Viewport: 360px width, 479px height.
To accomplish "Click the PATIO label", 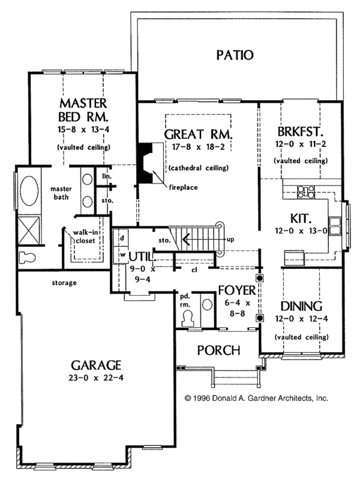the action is [235, 55].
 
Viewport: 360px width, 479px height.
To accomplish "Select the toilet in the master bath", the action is [27, 258].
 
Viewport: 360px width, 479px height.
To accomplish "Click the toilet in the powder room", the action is [187, 319].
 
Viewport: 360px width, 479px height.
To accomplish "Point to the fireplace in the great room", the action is [145, 163].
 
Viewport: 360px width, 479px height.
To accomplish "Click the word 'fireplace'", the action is [183, 187].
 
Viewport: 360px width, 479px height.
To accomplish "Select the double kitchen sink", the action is [334, 226].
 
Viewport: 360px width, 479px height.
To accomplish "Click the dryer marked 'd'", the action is [122, 238].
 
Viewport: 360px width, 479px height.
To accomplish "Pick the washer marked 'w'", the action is [122, 255].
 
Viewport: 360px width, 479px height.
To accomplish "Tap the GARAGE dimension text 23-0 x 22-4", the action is [96, 378].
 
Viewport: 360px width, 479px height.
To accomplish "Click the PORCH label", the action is [218, 350].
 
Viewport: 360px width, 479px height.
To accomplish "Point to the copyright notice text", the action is [256, 398].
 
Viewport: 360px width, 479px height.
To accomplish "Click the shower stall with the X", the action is [29, 230].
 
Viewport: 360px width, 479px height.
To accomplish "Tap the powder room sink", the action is [208, 304].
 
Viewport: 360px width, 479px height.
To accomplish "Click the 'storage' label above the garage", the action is [64, 283].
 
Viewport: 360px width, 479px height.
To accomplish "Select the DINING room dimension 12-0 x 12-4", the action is [301, 319].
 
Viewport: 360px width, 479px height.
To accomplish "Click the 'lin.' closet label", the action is [107, 176].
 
